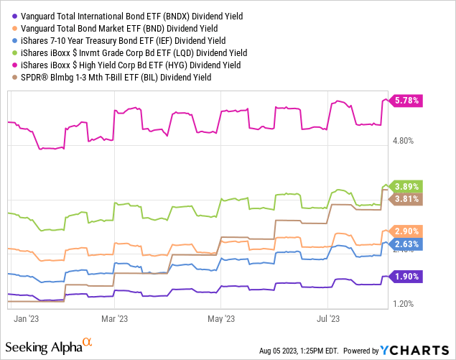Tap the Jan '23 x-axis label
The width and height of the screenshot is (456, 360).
26,317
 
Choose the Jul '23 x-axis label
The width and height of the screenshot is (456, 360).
329,317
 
